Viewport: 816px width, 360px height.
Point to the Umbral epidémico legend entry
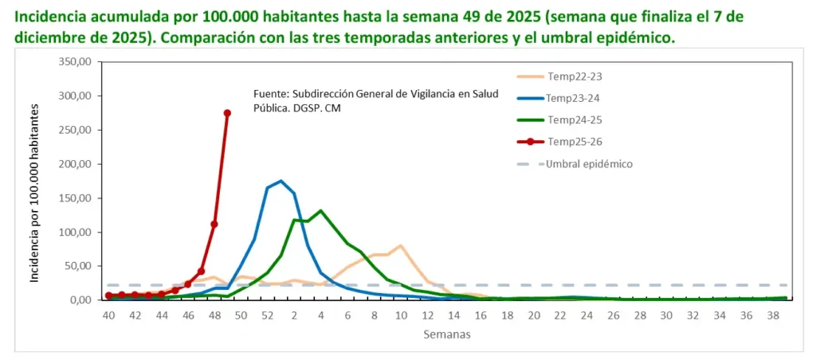(x=575, y=164)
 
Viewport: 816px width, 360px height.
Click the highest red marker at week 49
(x=227, y=113)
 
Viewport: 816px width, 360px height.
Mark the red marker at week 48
(x=214, y=225)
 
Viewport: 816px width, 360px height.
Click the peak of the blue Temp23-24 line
(x=281, y=181)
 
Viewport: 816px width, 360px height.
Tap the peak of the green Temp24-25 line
(x=321, y=211)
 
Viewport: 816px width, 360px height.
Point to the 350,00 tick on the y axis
(x=76, y=61)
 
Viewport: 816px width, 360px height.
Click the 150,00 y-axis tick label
(x=76, y=198)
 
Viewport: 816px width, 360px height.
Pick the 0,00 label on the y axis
(x=81, y=300)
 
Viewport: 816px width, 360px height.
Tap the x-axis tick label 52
(x=268, y=315)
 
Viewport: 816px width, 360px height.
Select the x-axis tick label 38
(x=774, y=315)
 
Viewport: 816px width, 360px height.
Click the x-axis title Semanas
(x=447, y=334)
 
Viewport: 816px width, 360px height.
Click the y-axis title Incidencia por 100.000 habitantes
(x=34, y=193)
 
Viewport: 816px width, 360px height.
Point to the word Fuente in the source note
(x=270, y=94)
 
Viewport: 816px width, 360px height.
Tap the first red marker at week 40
(x=108, y=295)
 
